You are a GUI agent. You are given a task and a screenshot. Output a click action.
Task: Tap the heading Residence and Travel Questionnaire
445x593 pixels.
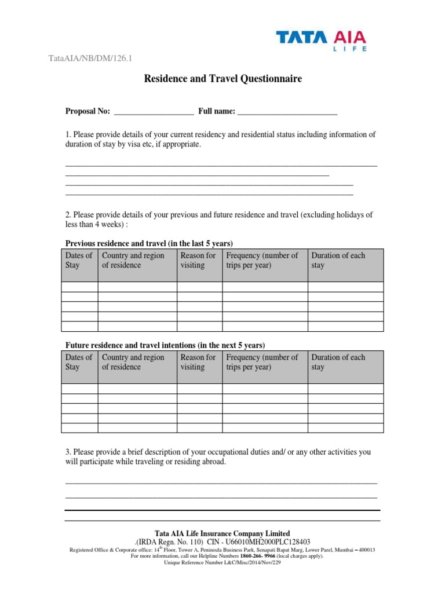tap(222, 79)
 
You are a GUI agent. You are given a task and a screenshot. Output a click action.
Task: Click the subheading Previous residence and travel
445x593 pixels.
tap(149, 243)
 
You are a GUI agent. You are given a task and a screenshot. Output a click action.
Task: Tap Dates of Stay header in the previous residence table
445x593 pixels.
tap(79, 261)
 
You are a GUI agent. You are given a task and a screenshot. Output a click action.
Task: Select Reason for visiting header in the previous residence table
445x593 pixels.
tap(198, 261)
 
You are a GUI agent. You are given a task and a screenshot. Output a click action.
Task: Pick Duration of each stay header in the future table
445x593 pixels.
tap(338, 362)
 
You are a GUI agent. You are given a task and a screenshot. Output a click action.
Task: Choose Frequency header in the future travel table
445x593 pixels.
tap(262, 362)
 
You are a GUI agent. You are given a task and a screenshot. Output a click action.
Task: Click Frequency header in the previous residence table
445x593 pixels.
tap(262, 261)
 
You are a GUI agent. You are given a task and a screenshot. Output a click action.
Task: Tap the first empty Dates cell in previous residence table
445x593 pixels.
tap(79, 287)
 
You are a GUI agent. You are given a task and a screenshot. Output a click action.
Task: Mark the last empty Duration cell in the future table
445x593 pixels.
tap(345, 428)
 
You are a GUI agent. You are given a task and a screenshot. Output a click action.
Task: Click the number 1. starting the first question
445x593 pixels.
tap(68, 135)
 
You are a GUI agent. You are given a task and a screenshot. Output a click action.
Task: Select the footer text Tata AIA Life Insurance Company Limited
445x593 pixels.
tap(222, 533)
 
